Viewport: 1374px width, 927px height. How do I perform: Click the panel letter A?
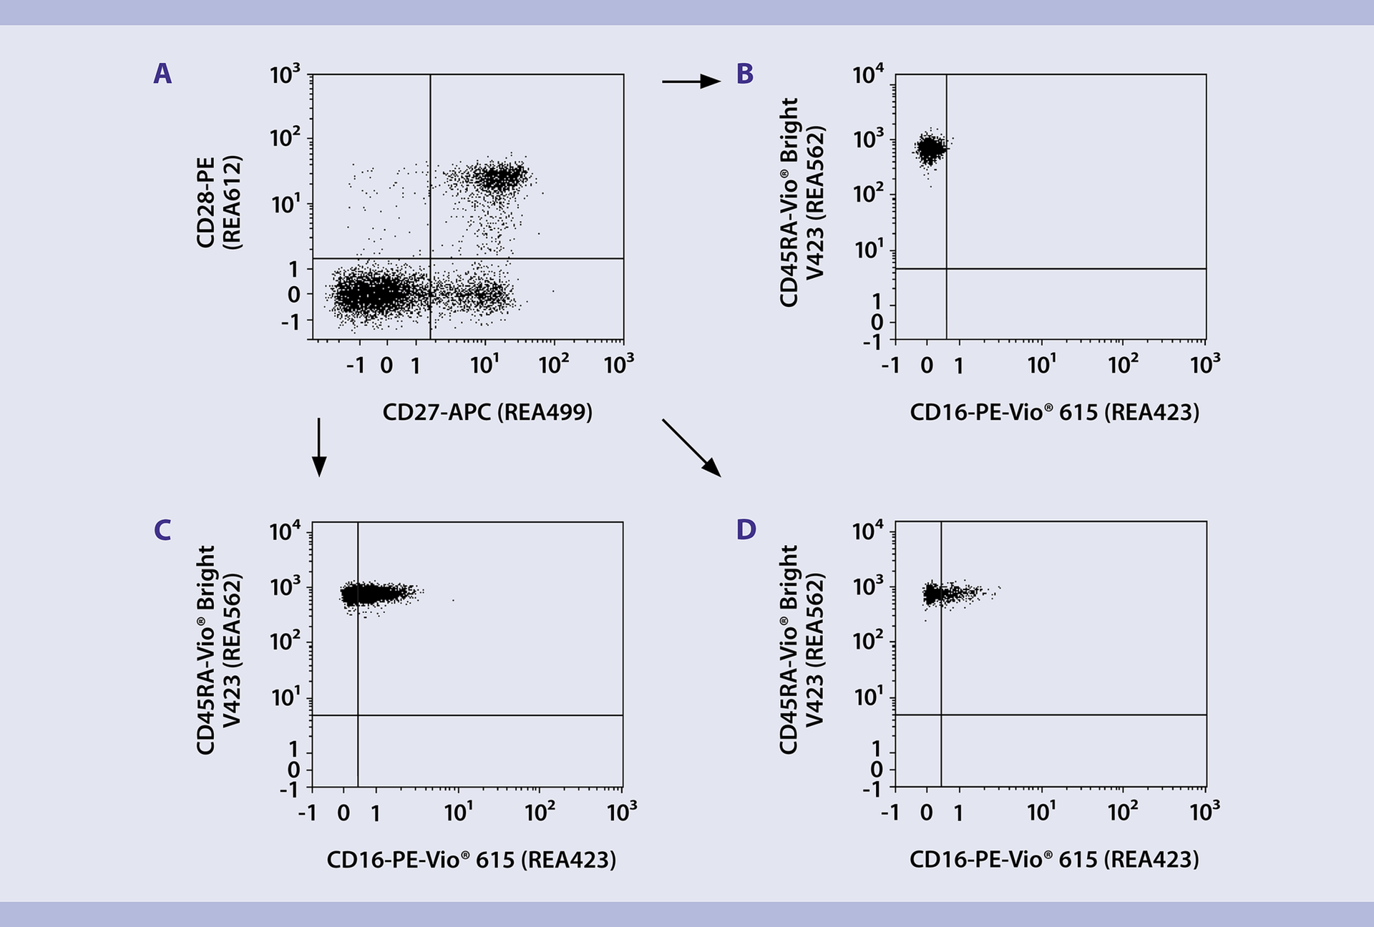(162, 74)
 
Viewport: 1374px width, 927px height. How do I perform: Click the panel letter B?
(745, 74)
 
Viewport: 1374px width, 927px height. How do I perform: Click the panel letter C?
(162, 530)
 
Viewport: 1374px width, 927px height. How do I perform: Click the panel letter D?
(746, 530)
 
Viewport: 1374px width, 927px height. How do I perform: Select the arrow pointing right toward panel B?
(691, 82)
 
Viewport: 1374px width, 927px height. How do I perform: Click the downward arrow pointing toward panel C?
(319, 448)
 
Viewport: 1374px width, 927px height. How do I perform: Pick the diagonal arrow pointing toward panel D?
(691, 448)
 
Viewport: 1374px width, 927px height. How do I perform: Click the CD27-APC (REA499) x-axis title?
(487, 412)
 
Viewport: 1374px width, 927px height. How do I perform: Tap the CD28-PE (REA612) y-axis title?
(218, 202)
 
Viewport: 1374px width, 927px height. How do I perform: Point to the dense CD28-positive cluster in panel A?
(501, 176)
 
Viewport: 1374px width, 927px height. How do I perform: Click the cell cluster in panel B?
(930, 149)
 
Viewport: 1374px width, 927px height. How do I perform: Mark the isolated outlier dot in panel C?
(453, 600)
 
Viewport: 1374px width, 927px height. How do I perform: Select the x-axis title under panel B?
(1054, 412)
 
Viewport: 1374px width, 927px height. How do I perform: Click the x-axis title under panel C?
(471, 859)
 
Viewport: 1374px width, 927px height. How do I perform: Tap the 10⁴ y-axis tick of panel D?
(868, 531)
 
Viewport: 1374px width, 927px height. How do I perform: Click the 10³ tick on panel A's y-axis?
(285, 74)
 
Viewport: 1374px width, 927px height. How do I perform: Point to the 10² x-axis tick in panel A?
(553, 365)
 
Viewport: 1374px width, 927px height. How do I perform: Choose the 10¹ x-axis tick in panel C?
(458, 812)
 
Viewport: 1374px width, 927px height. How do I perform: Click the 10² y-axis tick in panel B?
(868, 194)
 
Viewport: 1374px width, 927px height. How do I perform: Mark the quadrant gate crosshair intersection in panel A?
(430, 258)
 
